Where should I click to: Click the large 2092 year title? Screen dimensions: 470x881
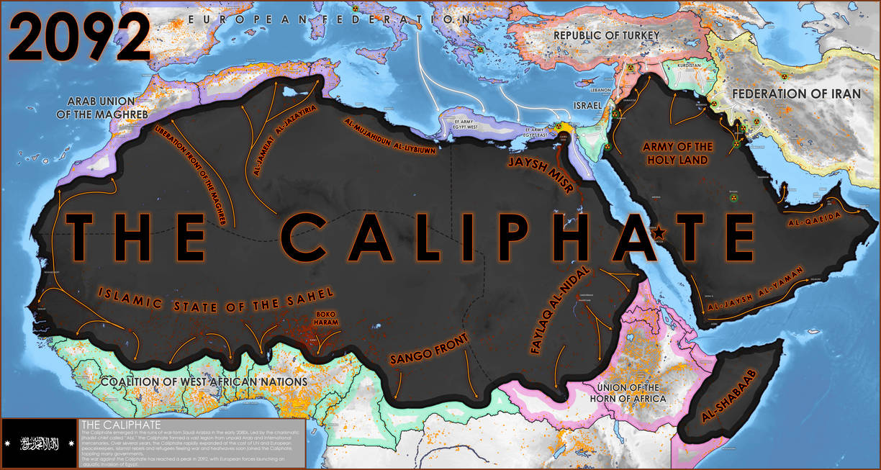[x=78, y=36]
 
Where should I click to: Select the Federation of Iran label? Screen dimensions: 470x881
[x=796, y=94]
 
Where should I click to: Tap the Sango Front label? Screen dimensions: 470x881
[x=428, y=349]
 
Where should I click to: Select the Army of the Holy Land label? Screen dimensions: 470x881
[x=677, y=153]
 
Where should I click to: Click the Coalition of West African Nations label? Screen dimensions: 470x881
[x=204, y=381]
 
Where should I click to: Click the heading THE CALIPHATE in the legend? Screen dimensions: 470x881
[x=120, y=424]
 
